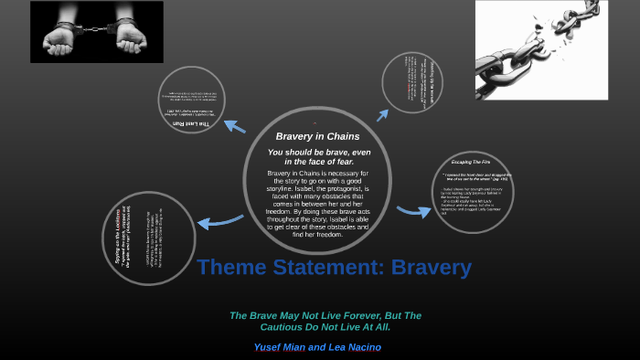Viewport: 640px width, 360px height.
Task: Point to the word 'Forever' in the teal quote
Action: pos(353,315)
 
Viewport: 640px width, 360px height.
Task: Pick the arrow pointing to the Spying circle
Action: pos(217,220)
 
